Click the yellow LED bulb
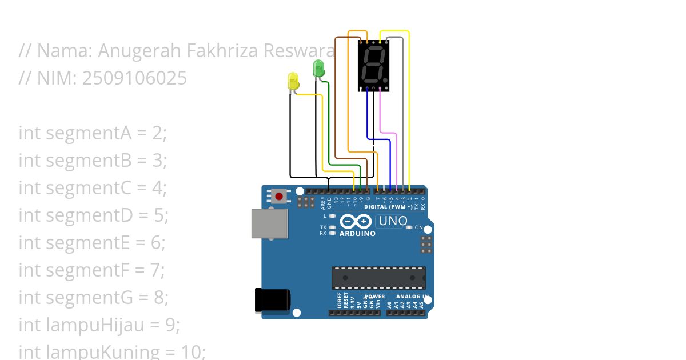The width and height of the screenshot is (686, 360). (293, 81)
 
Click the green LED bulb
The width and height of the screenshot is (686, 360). (318, 69)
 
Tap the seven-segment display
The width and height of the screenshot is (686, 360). (374, 65)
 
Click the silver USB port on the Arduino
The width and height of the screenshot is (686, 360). (269, 223)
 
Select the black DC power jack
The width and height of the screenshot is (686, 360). (272, 301)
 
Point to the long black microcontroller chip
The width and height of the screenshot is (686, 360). (378, 277)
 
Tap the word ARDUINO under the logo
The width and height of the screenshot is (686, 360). (357, 233)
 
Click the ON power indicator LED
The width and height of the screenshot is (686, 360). (408, 227)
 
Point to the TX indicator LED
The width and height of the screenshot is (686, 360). (332, 227)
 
